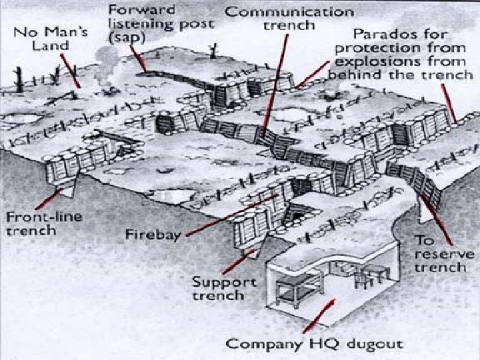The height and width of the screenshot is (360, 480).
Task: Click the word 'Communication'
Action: (x=289, y=11)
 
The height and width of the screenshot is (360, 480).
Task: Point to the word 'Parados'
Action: (x=378, y=33)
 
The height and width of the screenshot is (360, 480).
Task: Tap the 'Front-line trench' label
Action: (x=31, y=224)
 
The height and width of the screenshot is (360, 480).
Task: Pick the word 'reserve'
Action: (x=443, y=254)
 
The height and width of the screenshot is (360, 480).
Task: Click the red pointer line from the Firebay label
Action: (x=227, y=215)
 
